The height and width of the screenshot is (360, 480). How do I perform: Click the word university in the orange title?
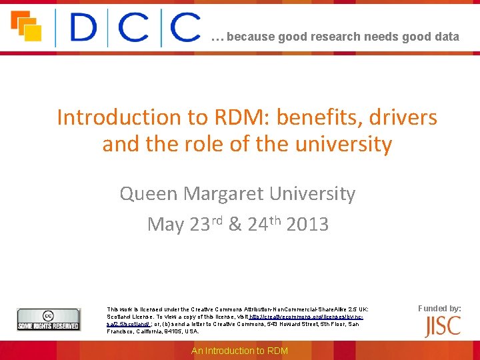pos(337,143)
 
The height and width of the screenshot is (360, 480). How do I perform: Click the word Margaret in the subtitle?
pos(224,194)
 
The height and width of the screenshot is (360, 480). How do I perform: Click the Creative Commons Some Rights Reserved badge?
pos(48,319)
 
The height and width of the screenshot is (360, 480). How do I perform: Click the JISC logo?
pos(442,326)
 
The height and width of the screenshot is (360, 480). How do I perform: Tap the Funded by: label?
pos(439,308)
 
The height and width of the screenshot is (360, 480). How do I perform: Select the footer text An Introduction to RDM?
pos(239,351)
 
